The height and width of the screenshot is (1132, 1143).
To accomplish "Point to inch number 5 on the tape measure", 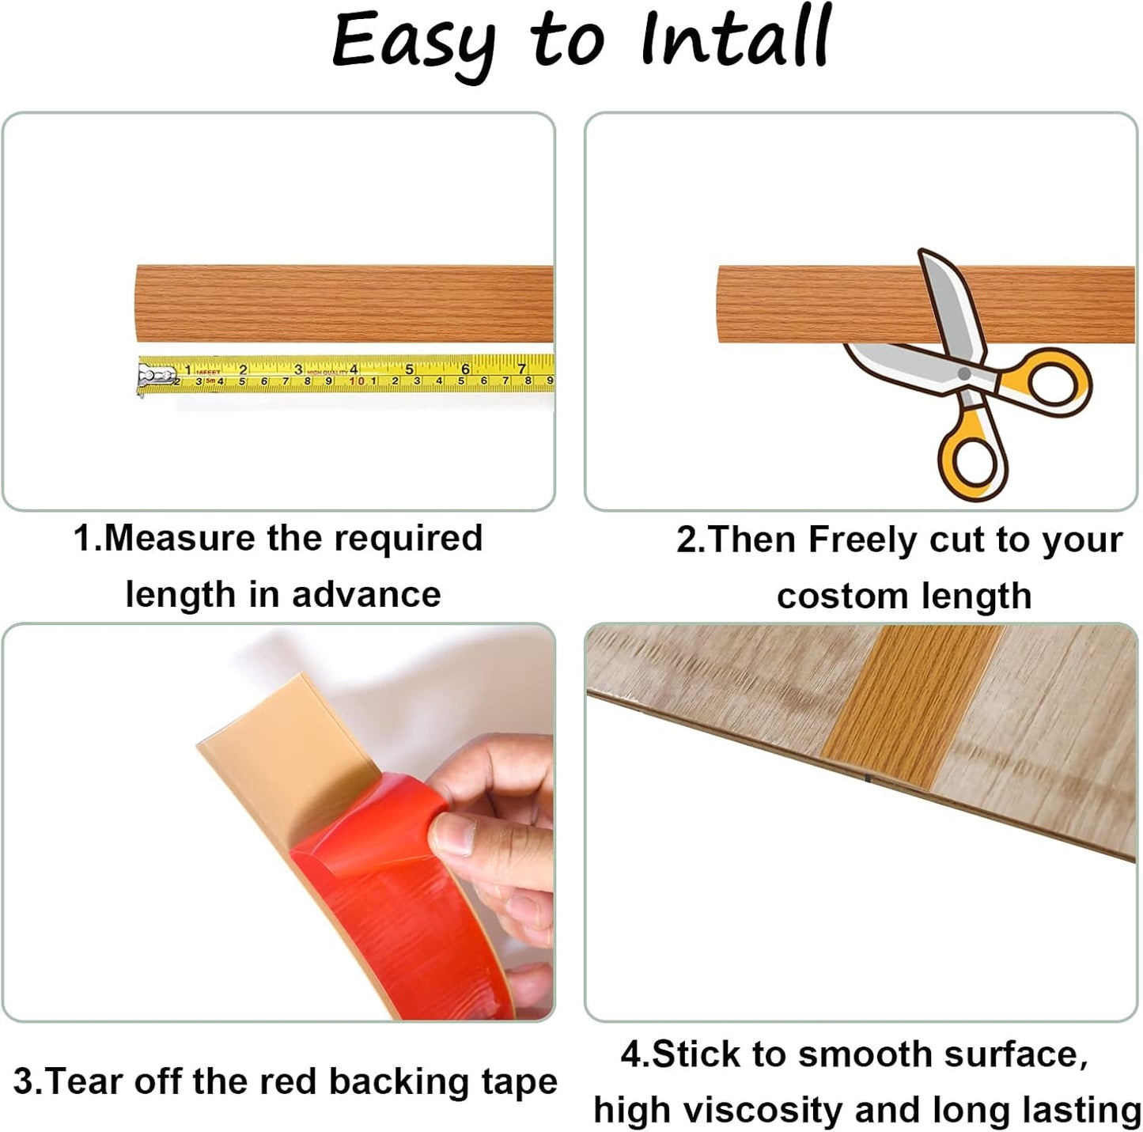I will [410, 369].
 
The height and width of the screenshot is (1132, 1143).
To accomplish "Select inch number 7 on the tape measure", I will [521, 369].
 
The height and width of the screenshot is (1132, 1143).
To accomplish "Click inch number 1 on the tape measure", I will [187, 369].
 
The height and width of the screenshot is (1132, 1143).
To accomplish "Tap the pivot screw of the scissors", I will [963, 373].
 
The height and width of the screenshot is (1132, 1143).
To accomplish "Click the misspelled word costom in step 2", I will [829, 596].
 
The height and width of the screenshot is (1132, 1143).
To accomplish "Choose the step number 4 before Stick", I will [630, 1055].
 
